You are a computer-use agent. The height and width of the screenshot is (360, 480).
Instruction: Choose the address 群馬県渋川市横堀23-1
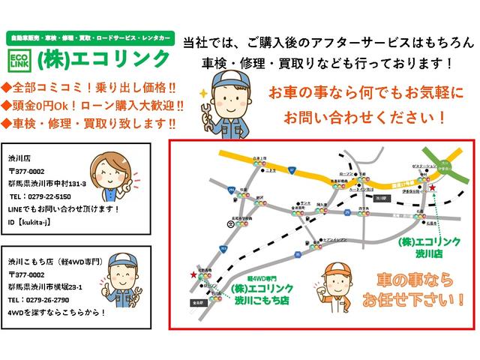point(45,287)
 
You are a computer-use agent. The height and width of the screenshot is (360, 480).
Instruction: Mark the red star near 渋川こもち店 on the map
point(194,276)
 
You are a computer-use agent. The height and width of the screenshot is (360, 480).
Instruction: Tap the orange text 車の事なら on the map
point(407,280)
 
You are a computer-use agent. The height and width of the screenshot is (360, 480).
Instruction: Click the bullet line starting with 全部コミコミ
point(90,87)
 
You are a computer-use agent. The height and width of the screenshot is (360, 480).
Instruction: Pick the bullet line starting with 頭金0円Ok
point(96,105)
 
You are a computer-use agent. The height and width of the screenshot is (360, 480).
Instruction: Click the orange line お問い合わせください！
point(365,118)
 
